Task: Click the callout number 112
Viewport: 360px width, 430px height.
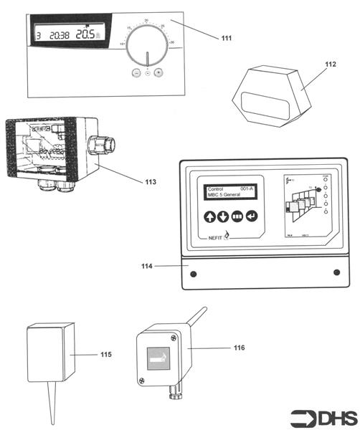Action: (330, 64)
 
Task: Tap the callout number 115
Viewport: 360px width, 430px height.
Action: (106, 354)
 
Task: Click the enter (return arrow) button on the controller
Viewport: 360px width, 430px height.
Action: (251, 216)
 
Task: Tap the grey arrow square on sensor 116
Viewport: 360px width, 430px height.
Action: (158, 358)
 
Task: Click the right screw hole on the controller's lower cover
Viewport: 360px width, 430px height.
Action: (336, 272)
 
